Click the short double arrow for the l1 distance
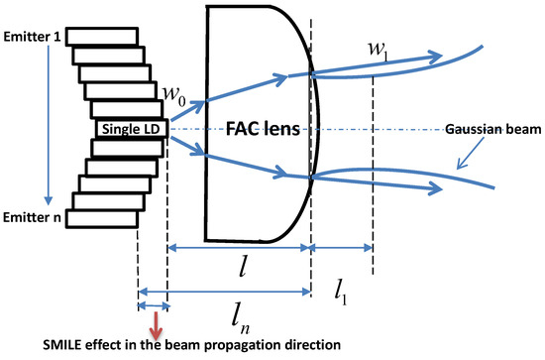[342, 248]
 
